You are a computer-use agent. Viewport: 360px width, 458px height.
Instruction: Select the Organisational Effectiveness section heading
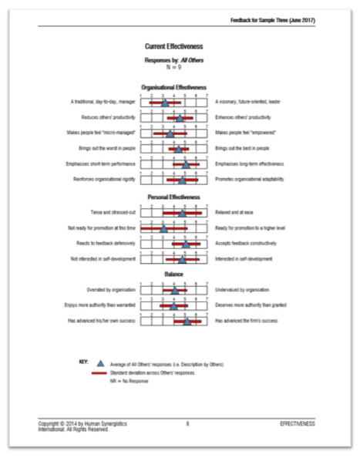pyautogui.click(x=173, y=88)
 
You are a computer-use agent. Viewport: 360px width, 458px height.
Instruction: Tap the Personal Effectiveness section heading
pyautogui.click(x=173, y=197)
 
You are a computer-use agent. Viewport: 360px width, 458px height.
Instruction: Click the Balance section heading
pyautogui.click(x=173, y=274)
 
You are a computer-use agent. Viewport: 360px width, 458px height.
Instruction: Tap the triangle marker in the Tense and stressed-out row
pyautogui.click(x=182, y=213)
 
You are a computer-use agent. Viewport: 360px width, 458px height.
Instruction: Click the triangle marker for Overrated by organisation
pyautogui.click(x=174, y=291)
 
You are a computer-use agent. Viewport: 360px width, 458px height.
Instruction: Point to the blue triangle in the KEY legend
pyautogui.click(x=100, y=362)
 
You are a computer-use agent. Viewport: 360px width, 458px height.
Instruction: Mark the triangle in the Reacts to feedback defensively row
pyautogui.click(x=185, y=244)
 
